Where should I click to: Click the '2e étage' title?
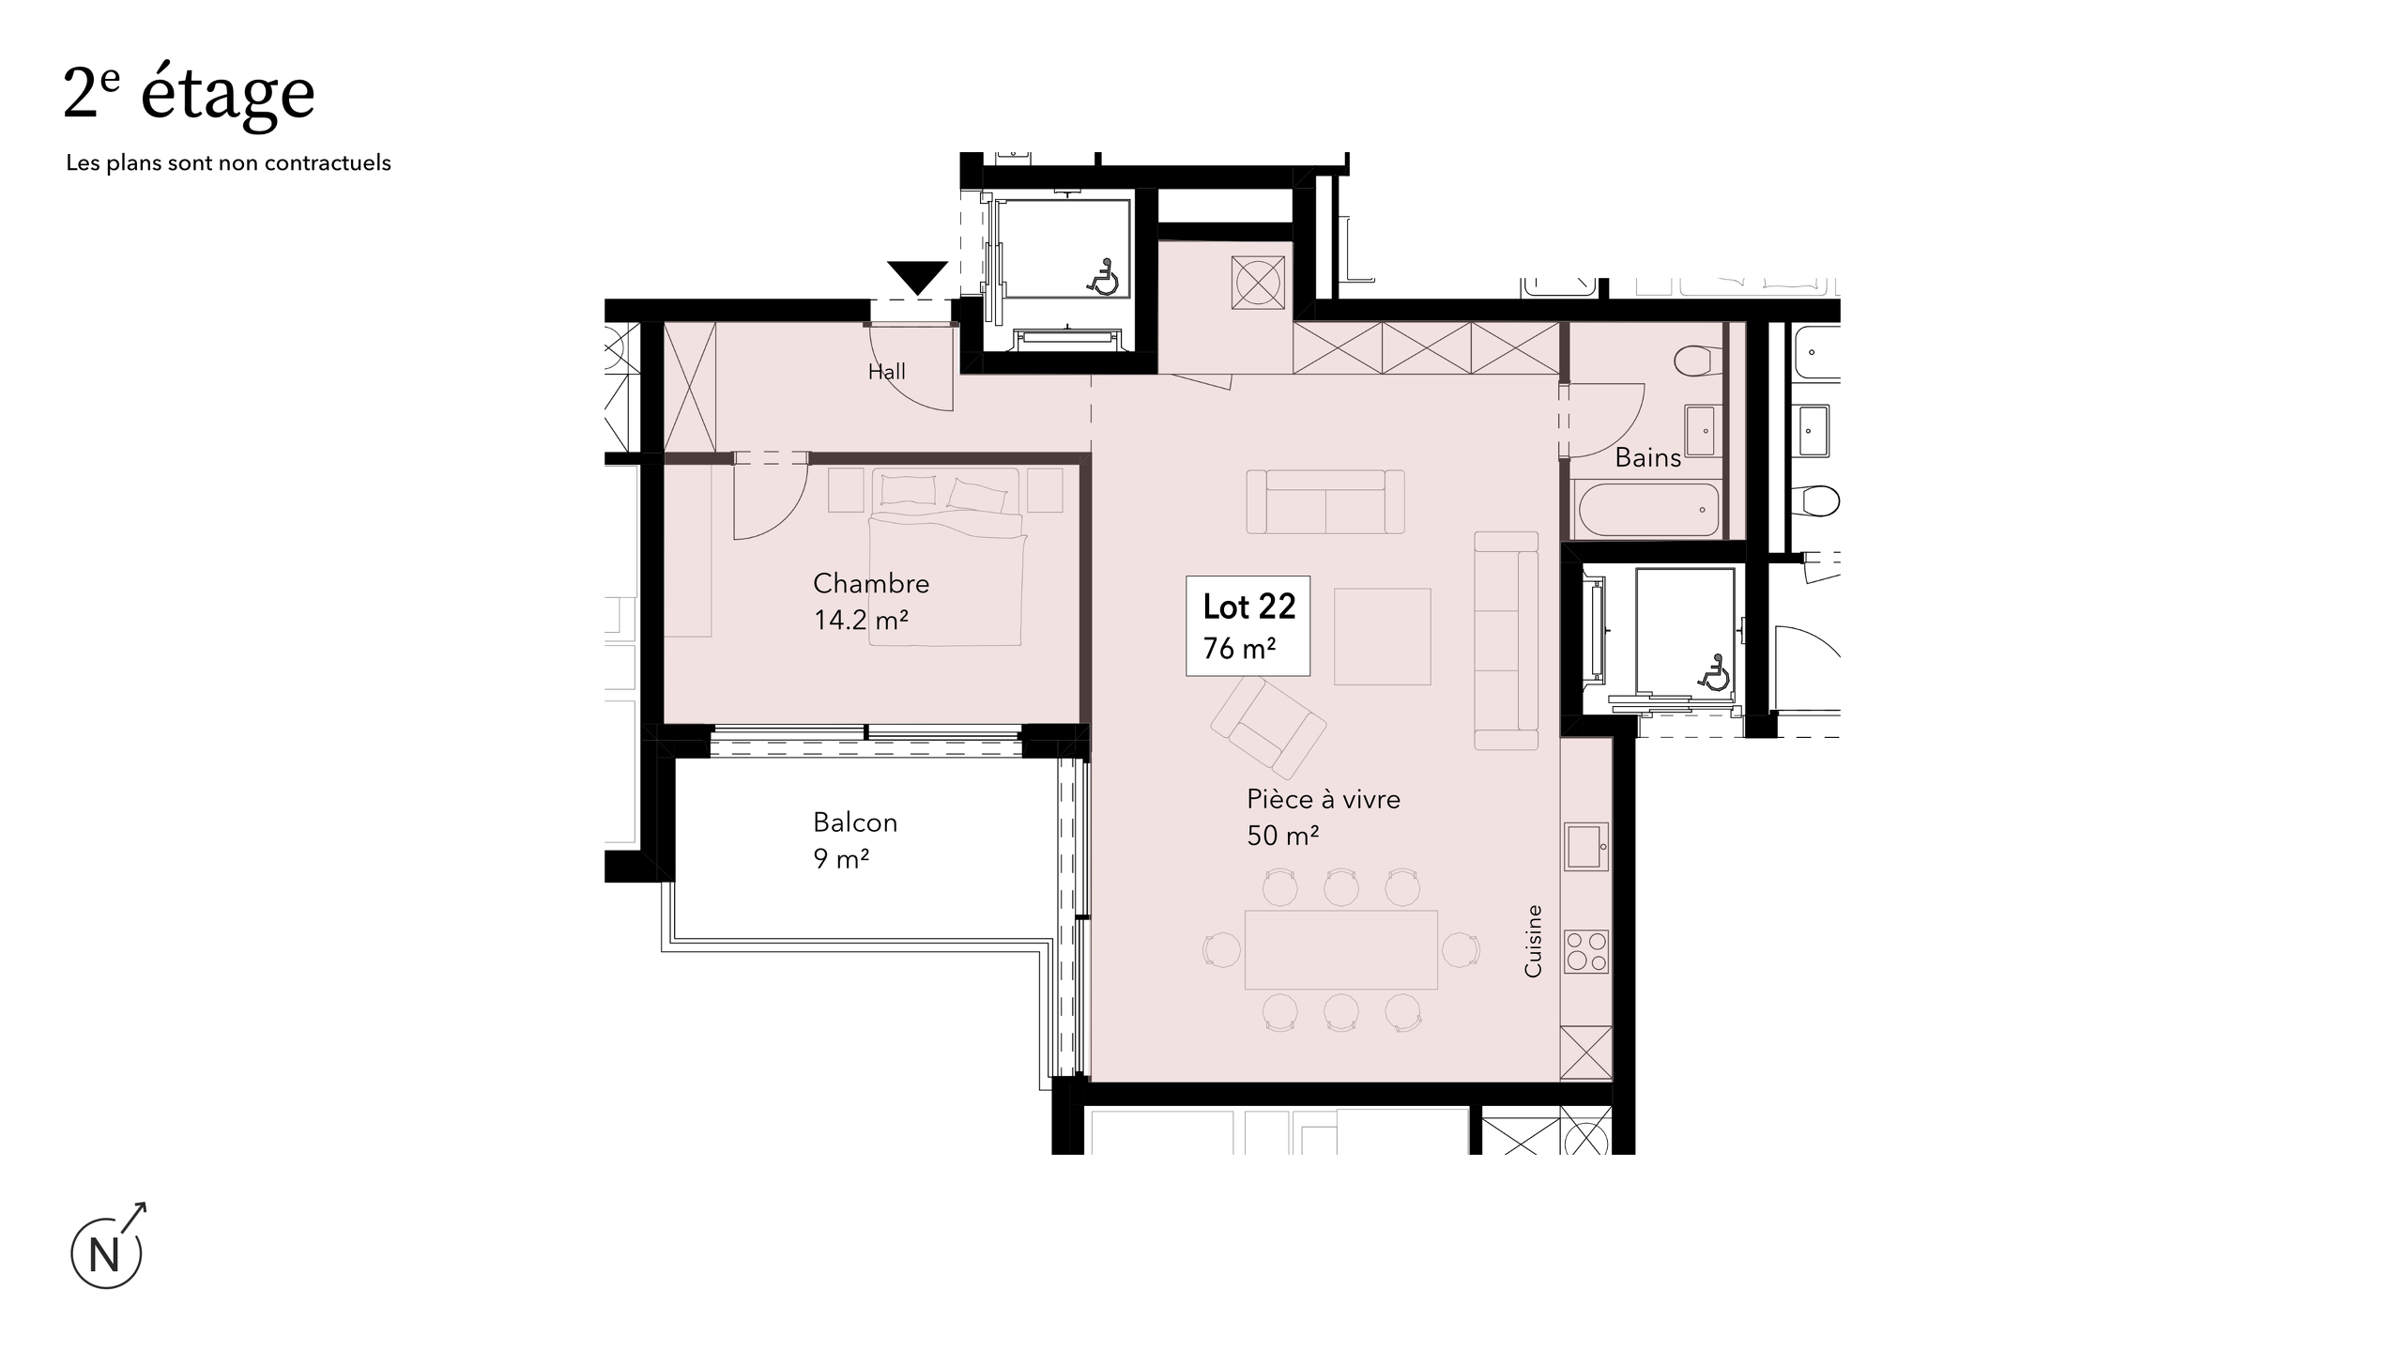(189, 94)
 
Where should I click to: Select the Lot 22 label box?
(1247, 625)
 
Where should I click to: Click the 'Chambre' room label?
(871, 583)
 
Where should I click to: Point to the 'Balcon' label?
(855, 822)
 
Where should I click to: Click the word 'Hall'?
(886, 372)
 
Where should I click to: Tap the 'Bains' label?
(1647, 458)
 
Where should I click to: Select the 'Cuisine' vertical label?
(1533, 940)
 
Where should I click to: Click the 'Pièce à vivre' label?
(1323, 799)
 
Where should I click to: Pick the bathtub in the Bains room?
(1648, 510)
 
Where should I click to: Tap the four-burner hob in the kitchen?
(1586, 951)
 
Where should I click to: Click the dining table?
(1340, 949)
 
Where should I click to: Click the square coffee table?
(1382, 637)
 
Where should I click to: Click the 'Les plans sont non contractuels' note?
(228, 163)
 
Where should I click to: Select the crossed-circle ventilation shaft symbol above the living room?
(1258, 283)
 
